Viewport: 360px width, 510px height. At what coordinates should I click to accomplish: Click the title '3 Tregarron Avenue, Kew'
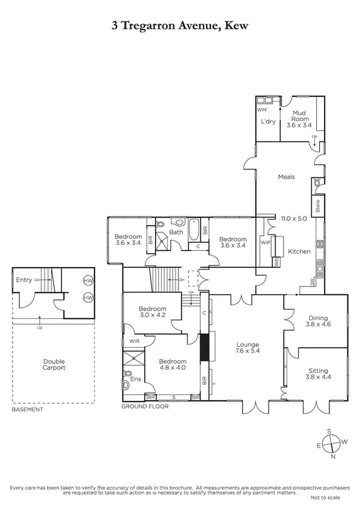click(180, 25)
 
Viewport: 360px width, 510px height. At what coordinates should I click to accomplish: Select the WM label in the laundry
click(261, 111)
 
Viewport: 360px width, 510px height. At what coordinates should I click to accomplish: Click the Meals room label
click(286, 177)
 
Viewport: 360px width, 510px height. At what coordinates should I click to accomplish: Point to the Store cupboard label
click(318, 206)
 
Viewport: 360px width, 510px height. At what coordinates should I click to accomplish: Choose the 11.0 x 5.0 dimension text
click(294, 219)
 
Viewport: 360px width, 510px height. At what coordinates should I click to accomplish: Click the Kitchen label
click(299, 251)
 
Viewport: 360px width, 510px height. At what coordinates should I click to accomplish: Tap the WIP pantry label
click(266, 242)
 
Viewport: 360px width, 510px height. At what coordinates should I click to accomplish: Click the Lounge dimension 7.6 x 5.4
click(248, 351)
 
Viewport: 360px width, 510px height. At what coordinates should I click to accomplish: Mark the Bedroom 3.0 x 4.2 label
click(152, 313)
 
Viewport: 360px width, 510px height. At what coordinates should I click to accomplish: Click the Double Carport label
click(53, 364)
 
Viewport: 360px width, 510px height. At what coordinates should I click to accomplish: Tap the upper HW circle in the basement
click(88, 281)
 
